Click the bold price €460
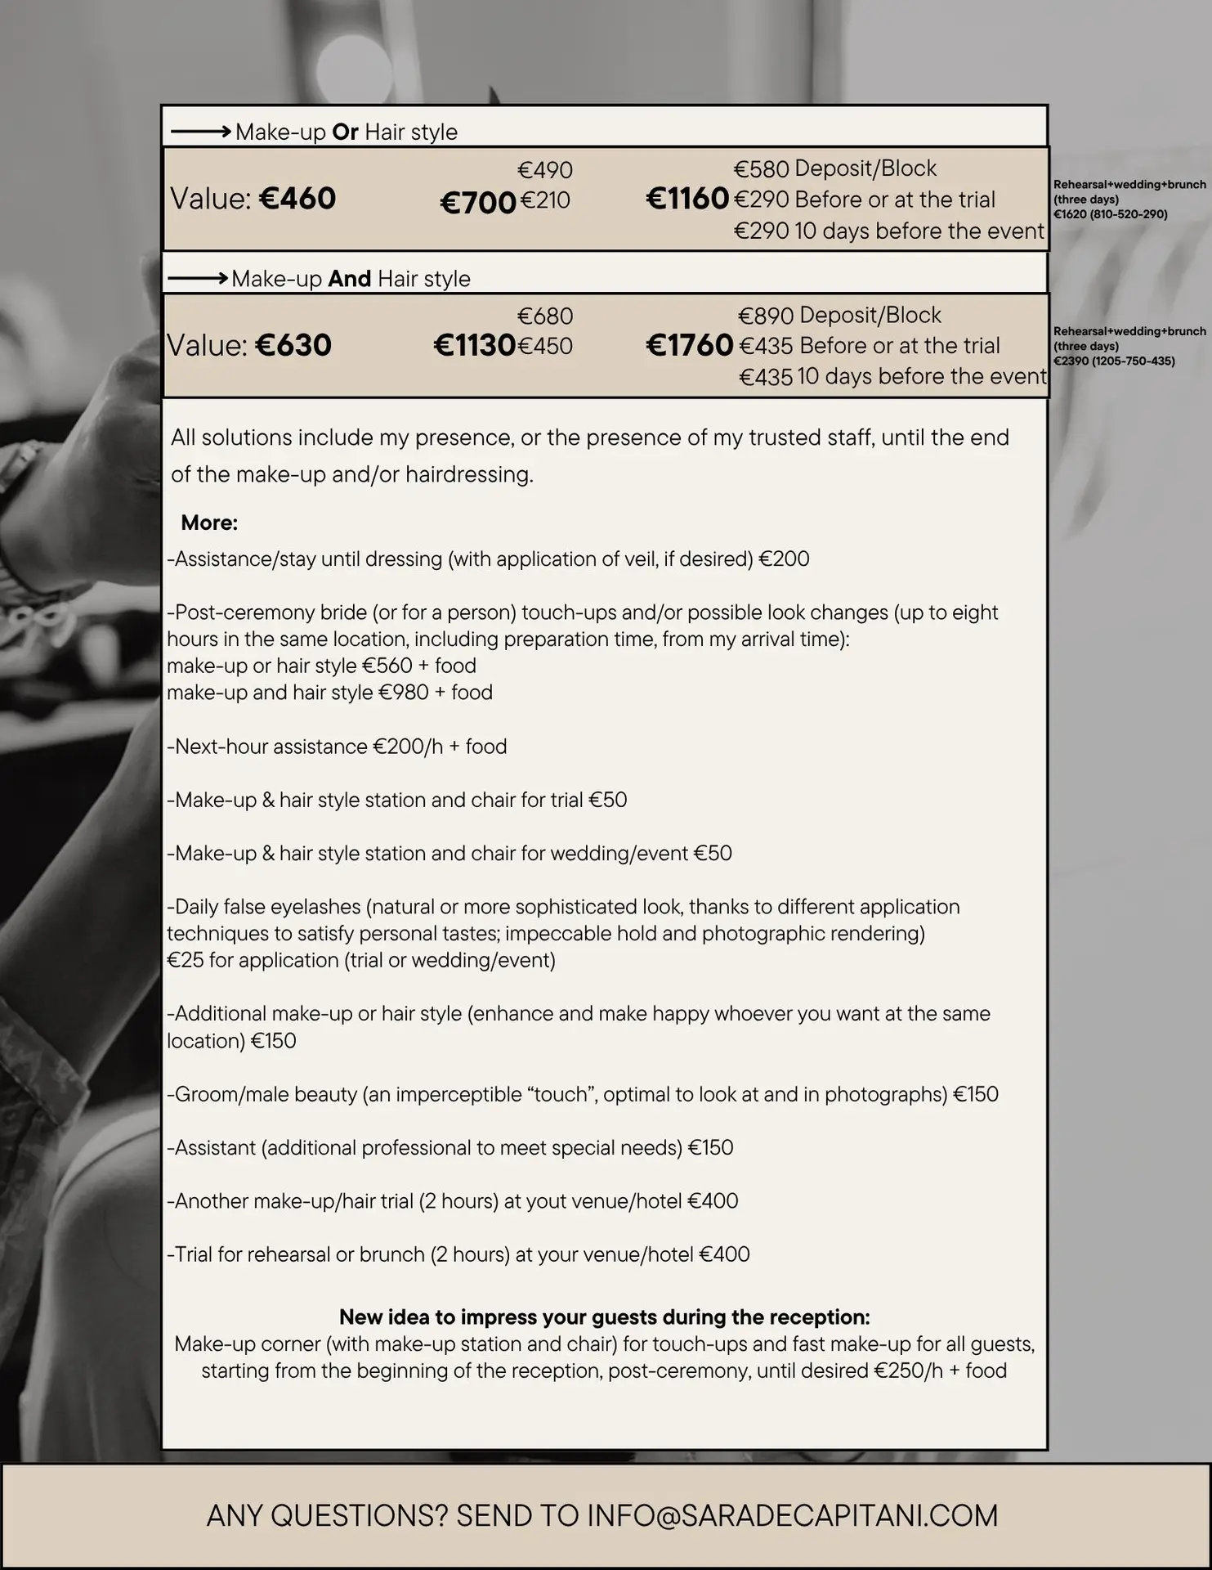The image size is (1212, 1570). (297, 199)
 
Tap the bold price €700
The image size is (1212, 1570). (478, 203)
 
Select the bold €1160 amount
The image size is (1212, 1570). (687, 199)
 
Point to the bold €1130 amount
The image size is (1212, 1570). (474, 345)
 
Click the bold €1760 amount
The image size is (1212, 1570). (689, 345)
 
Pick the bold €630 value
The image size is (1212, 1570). (293, 345)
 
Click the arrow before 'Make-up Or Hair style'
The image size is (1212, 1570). (199, 132)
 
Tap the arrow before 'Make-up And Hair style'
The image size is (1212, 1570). (197, 279)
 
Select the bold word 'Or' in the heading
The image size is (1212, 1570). (345, 132)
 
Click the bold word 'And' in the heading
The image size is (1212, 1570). (350, 279)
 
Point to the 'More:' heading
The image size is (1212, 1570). (209, 523)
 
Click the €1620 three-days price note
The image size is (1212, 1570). (1110, 214)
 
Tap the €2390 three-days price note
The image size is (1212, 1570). (1114, 361)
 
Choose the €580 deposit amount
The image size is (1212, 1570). (761, 169)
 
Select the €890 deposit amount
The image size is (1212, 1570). (766, 316)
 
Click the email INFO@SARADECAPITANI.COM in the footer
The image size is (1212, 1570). (792, 1515)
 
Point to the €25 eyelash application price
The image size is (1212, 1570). (185, 960)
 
